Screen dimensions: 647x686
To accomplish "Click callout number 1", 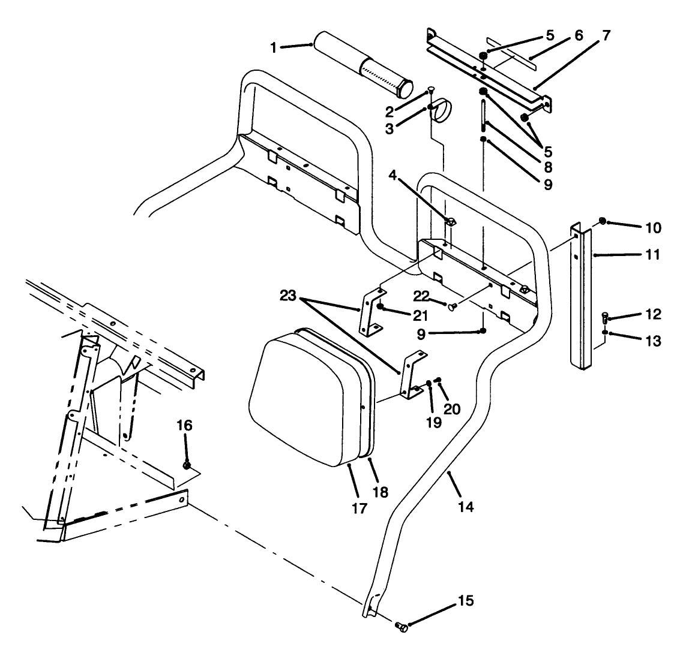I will tap(274, 47).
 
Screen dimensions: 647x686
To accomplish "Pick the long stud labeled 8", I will tap(483, 123).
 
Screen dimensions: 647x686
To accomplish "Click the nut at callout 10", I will tap(603, 222).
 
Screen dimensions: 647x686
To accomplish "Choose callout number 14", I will tap(466, 507).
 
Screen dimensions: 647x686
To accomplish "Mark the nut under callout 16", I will tap(187, 465).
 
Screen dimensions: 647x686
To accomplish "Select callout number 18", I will tap(380, 493).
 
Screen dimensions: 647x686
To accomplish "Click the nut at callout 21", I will tap(381, 308).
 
